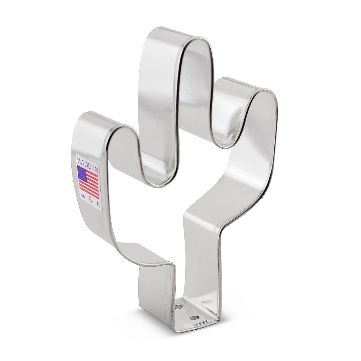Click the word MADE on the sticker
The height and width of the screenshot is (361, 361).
tap(83, 160)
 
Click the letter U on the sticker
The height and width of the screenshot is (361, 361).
tap(82, 196)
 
